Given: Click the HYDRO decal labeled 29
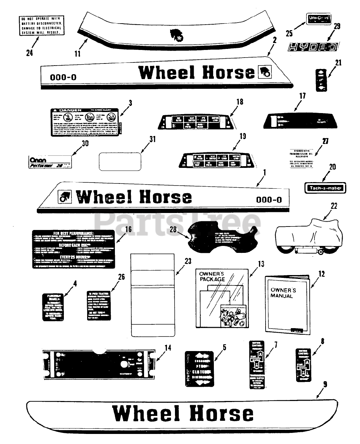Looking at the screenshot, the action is point(312,47).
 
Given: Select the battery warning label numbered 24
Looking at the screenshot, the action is point(41,25).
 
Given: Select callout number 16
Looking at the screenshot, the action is point(128,229).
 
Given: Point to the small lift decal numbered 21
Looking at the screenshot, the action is point(321,80).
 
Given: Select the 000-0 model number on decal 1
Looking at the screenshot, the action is point(269,199).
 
